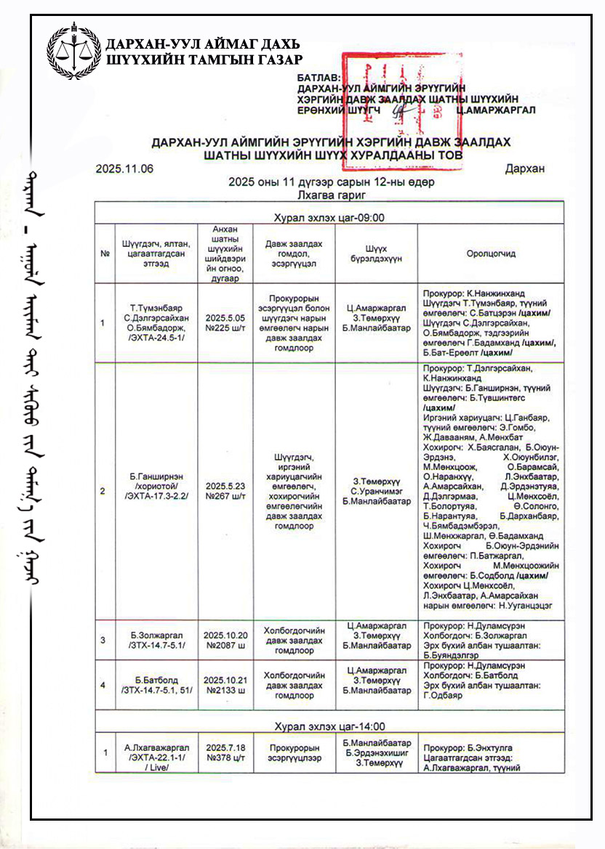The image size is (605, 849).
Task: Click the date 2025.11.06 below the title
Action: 124,169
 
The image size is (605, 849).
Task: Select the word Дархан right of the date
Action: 525,169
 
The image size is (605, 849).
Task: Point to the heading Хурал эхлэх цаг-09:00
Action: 329,217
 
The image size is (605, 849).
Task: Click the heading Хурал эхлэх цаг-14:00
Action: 329,726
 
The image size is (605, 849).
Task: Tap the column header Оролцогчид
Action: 491,253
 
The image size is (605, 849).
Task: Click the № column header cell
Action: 105,253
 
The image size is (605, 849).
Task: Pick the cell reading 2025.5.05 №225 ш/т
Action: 225,322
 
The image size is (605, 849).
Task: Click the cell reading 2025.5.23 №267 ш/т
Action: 225,490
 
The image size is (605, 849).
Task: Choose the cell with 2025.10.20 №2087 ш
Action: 225,639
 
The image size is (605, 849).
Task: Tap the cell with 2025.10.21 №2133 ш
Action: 225,685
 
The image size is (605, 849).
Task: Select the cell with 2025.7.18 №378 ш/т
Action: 225,752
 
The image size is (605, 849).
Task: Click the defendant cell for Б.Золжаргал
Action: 156,639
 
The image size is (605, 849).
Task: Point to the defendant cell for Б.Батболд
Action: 156,685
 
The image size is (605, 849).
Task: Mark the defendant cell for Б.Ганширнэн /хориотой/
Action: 156,490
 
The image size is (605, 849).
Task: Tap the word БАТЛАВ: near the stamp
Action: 319,76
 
